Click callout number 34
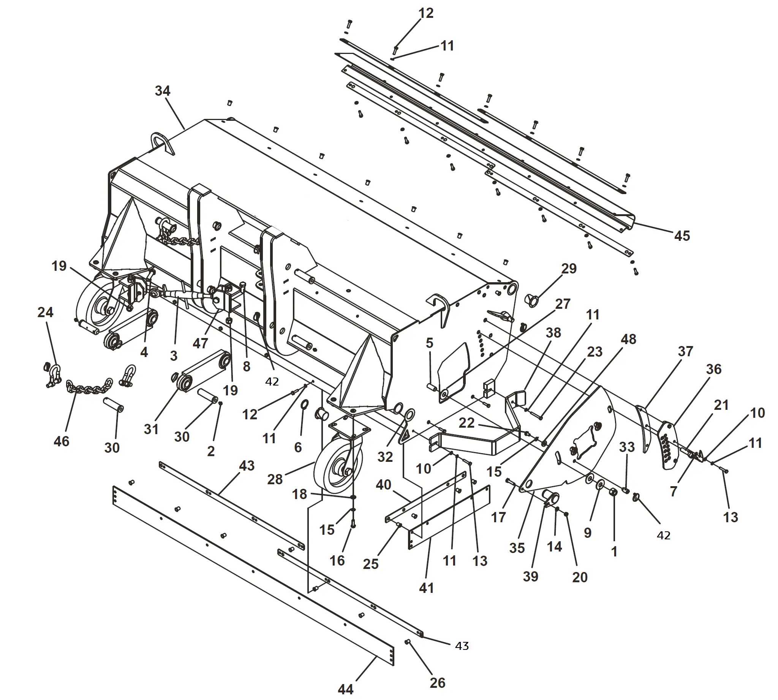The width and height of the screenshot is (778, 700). click(162, 91)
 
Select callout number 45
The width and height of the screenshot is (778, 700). click(682, 236)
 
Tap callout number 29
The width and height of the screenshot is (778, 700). click(569, 269)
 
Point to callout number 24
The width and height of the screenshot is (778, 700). click(46, 312)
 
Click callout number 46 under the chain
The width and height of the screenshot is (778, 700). click(62, 441)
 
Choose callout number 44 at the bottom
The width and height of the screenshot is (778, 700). click(346, 689)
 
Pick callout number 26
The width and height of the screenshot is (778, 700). click(438, 683)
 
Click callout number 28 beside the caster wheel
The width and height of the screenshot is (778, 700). click(275, 479)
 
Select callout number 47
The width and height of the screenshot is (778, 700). click(200, 343)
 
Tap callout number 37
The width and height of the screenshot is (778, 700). click(685, 351)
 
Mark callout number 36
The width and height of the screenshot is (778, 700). click(714, 369)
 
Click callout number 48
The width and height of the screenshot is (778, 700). click(628, 339)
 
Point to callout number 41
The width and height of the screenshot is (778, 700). click(426, 588)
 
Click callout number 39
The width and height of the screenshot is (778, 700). click(530, 576)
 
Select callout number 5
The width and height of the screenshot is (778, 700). click(429, 343)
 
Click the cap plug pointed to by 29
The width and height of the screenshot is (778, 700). click(531, 300)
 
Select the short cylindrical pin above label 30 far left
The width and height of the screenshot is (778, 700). click(113, 405)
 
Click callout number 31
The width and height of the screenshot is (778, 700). click(151, 429)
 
